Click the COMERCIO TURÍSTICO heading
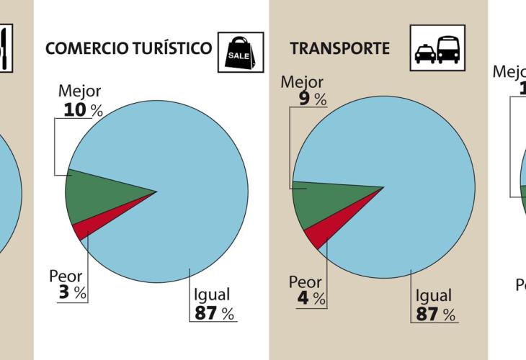pyautogui.click(x=128, y=48)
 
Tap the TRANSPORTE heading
pyautogui.click(x=339, y=48)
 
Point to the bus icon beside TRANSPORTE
pyautogui.click(x=448, y=49)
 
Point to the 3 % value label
pyautogui.click(x=71, y=293)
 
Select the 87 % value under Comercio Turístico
pyautogui.click(x=214, y=313)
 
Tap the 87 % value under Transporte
pyautogui.click(x=435, y=315)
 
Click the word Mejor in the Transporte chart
pyautogui.click(x=301, y=82)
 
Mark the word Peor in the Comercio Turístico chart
pyautogui.click(x=66, y=276)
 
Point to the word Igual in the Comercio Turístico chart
pyautogui.click(x=212, y=294)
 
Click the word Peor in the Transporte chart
pyautogui.click(x=305, y=282)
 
